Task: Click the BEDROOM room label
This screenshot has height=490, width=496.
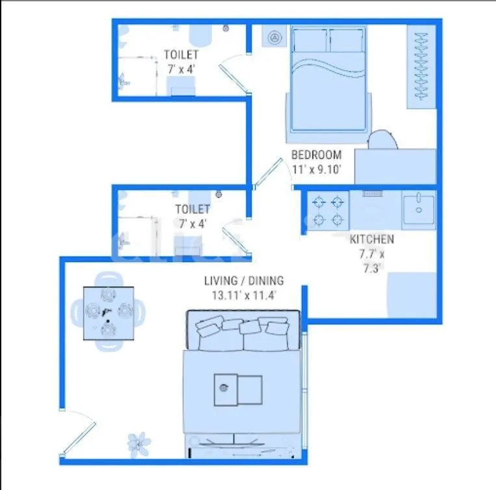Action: (x=316, y=155)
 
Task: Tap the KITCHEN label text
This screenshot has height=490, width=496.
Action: (x=371, y=239)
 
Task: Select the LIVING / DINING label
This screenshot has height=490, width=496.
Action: (x=244, y=281)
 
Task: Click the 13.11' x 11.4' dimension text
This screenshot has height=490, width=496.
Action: (x=244, y=294)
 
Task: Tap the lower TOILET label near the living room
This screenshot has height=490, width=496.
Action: (x=192, y=209)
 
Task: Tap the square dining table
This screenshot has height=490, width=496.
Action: (x=109, y=313)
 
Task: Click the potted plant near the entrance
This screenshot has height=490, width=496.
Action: (x=138, y=443)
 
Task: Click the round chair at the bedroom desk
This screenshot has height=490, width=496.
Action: (x=382, y=140)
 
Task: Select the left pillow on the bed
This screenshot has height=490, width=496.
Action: (x=310, y=40)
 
